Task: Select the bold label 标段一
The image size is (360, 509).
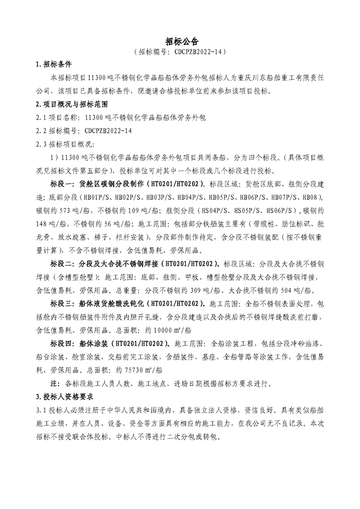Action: pyautogui.click(x=63, y=185)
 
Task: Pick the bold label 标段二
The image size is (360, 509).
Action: pyautogui.click(x=63, y=264)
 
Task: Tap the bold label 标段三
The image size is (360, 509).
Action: pyautogui.click(x=63, y=303)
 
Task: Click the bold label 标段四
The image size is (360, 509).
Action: pyautogui.click(x=63, y=343)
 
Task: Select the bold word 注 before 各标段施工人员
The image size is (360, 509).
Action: pyautogui.click(x=53, y=382)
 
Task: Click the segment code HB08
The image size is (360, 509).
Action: pyautogui.click(x=312, y=198)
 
